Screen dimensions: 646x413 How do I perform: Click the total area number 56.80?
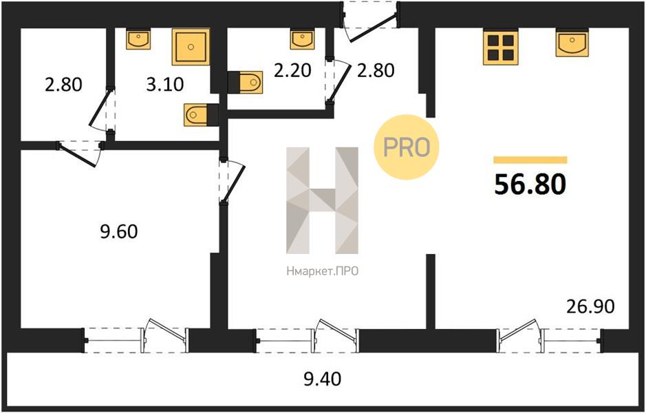click(530, 184)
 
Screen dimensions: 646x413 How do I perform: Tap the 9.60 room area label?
click(119, 232)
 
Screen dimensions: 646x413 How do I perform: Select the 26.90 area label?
click(590, 306)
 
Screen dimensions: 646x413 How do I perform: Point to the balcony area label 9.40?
click(322, 379)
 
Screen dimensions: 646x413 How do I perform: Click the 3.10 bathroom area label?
click(165, 85)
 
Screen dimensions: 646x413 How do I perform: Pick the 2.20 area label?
click(292, 70)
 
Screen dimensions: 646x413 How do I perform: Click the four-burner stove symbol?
click(501, 47)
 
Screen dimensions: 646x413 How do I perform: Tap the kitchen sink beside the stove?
click(572, 43)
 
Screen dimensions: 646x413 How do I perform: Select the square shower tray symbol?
click(191, 47)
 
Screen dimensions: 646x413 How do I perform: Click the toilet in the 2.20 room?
click(245, 82)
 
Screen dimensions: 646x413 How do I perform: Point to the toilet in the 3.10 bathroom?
click(201, 114)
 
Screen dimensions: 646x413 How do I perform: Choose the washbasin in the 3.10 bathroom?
click(138, 39)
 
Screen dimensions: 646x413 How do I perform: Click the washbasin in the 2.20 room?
click(302, 39)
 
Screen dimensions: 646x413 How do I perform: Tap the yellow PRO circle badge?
click(406, 147)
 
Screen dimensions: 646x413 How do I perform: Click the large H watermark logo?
click(322, 200)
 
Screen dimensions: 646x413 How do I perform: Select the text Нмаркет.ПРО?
click(322, 271)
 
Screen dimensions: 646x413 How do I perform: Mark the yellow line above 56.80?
click(530, 160)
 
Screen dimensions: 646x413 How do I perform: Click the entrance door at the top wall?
click(371, 21)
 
